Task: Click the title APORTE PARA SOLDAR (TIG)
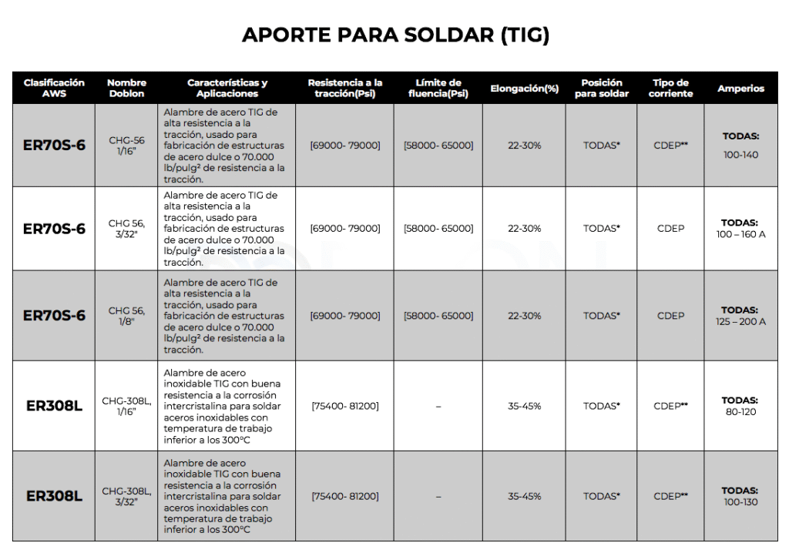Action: (x=394, y=35)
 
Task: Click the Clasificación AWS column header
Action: (x=54, y=88)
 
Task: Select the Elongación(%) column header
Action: (x=524, y=89)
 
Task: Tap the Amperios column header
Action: (x=740, y=89)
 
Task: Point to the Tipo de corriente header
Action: (x=670, y=88)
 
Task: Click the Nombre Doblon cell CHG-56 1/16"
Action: (x=126, y=146)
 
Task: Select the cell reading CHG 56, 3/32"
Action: (x=126, y=229)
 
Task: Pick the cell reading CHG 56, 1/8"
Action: (x=126, y=316)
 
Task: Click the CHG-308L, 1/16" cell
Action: (x=126, y=406)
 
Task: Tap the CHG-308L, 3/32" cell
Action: (x=126, y=496)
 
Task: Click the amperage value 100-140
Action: (x=740, y=155)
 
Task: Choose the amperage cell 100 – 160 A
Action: (x=740, y=234)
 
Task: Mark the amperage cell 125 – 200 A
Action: (x=740, y=321)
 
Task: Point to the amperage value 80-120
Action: (x=740, y=412)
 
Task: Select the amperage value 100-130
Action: (x=740, y=502)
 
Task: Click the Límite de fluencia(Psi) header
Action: (x=438, y=88)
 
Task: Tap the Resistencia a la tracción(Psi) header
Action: (x=344, y=88)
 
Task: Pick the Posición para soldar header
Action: (x=601, y=88)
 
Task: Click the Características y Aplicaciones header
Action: (x=227, y=88)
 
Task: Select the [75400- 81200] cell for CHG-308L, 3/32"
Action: (x=344, y=496)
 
